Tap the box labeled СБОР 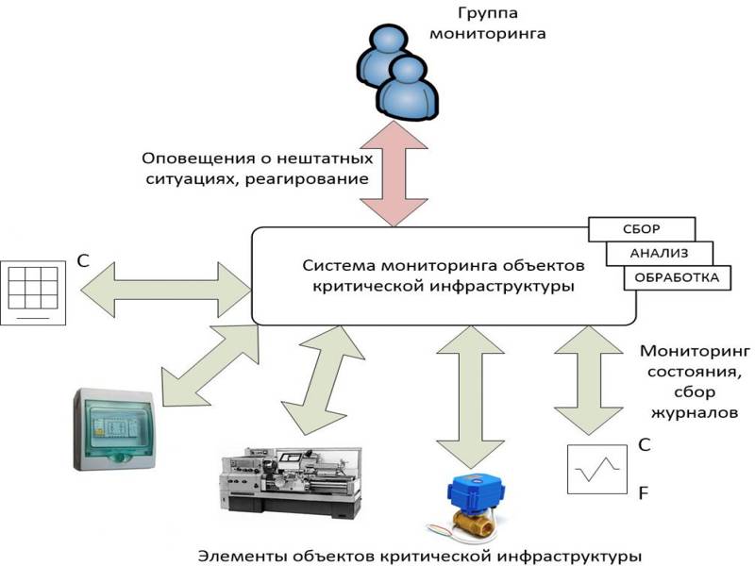point(641,229)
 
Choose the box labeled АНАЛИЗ point(658,253)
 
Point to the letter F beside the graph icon point(644,493)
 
